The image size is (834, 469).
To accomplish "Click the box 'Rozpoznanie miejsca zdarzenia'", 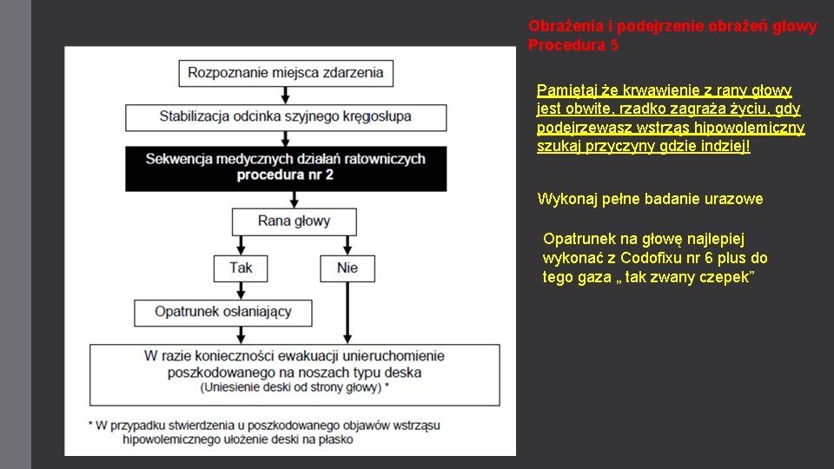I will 285,72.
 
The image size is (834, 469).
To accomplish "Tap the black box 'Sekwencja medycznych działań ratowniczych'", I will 285,159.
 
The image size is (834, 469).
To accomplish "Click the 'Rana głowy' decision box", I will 294,221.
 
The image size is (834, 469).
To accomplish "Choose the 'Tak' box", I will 241,268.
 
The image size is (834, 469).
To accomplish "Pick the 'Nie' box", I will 347,268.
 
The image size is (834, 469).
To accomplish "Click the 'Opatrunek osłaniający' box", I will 223,312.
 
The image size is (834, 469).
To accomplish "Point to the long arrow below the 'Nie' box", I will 347,313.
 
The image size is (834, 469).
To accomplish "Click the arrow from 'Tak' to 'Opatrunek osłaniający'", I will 241,290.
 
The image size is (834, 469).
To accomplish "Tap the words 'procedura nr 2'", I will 285,175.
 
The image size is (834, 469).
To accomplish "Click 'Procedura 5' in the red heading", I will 573,45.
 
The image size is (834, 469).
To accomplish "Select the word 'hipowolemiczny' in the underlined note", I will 754,128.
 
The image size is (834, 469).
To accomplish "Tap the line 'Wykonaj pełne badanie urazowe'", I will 650,199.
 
